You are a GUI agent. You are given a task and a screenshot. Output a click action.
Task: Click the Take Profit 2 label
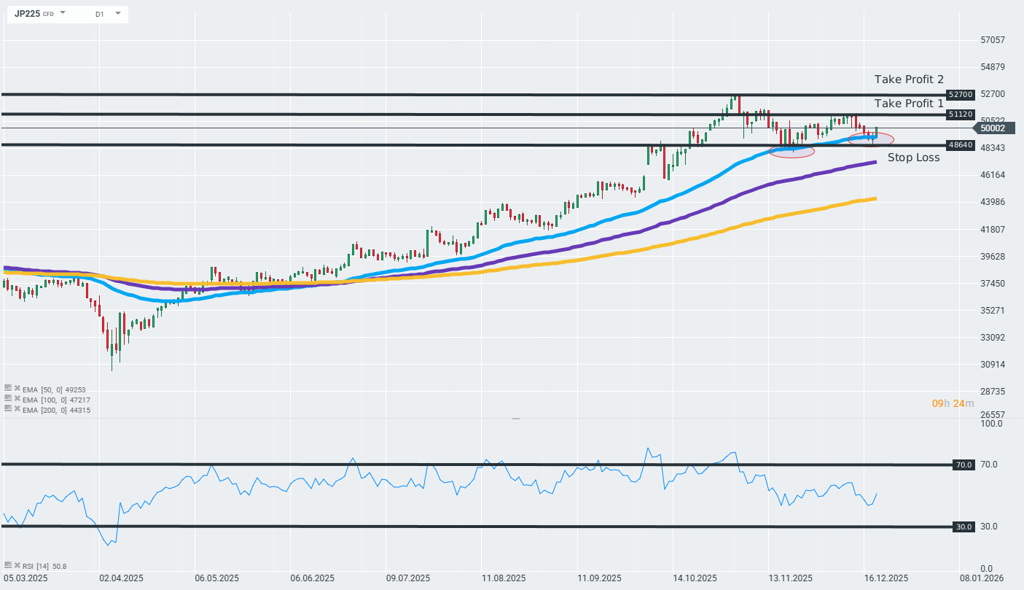pos(909,79)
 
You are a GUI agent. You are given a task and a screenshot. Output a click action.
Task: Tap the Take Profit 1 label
pos(909,104)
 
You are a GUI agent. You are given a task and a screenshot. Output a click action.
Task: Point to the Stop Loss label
pos(913,158)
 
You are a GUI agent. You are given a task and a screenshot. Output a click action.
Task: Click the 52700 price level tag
pos(960,95)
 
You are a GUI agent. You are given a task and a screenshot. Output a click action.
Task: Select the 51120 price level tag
pos(960,114)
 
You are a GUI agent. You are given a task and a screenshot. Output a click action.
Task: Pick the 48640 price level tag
pos(960,145)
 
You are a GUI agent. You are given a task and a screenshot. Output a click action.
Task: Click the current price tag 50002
pos(993,128)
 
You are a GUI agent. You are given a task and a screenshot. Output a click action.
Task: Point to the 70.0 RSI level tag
pos(964,465)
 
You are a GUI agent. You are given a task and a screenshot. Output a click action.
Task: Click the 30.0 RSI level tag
pos(964,527)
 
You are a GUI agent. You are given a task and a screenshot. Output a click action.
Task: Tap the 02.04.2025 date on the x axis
pos(122,578)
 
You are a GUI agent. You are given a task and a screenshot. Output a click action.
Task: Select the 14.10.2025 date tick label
pos(695,578)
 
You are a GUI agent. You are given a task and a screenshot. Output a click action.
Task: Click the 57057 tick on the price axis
pos(993,40)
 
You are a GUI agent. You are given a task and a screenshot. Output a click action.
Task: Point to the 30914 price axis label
pos(993,365)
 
